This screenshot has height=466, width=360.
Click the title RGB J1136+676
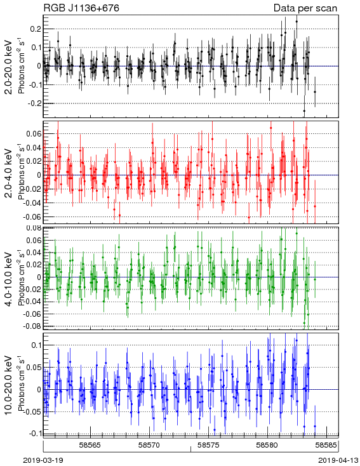[x=81, y=8]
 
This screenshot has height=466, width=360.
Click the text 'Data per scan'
[x=305, y=8]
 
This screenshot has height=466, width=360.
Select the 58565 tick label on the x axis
[x=90, y=445]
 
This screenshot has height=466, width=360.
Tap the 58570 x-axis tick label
[x=150, y=445]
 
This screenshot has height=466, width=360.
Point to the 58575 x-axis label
[x=209, y=445]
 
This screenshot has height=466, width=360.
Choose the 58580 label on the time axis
[x=267, y=445]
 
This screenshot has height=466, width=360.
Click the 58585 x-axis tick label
[x=326, y=445]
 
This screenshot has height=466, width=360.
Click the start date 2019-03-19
[x=43, y=460]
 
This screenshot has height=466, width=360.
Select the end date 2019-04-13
[x=338, y=460]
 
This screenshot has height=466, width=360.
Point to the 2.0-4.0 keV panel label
[x=10, y=173]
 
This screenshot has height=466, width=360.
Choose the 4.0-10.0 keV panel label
[x=10, y=279]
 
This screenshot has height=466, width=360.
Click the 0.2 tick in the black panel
[x=35, y=29]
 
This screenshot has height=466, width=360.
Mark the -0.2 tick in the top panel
[x=33, y=103]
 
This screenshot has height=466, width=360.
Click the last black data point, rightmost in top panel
[x=315, y=92]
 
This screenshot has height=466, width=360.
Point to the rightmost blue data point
[x=315, y=426]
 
